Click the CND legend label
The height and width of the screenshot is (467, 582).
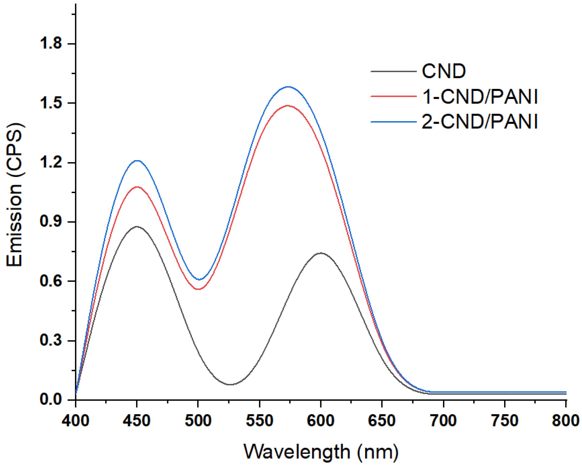[444, 71]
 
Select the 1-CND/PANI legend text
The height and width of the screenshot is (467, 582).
[480, 96]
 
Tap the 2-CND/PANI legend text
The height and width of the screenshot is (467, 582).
[480, 121]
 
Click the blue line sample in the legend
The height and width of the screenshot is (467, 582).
[393, 122]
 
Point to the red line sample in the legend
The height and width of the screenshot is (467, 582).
[393, 96]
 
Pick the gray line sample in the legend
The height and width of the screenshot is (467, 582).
[393, 71]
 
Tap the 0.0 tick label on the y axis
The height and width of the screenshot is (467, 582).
[51, 399]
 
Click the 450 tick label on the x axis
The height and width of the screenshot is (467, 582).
[137, 421]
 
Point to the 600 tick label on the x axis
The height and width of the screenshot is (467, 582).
[320, 421]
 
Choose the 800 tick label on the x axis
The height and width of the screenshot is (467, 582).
[565, 421]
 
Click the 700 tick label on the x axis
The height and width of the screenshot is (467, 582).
[443, 421]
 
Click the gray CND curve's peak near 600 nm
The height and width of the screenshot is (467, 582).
[321, 253]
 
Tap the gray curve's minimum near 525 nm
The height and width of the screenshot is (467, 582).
[230, 385]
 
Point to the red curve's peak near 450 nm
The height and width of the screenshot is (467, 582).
[137, 187]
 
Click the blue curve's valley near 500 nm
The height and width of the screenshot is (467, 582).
[200, 280]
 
